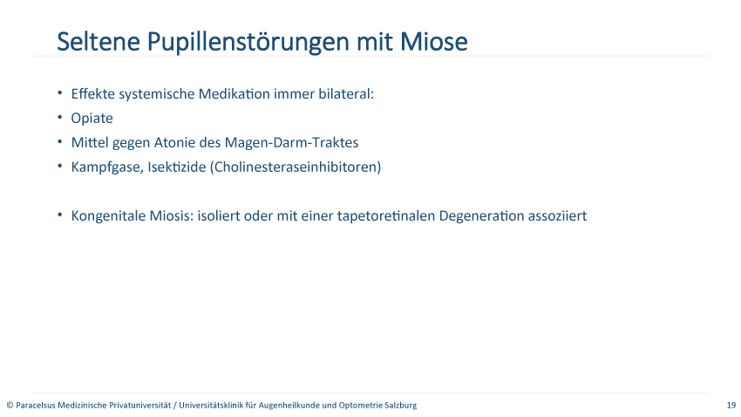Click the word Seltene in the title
(x=99, y=41)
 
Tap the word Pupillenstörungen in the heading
(x=248, y=43)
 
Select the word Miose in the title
(x=434, y=41)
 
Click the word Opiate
(x=92, y=118)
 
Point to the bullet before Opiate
(x=59, y=117)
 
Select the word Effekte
(x=93, y=93)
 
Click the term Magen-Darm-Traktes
(x=291, y=142)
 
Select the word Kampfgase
(x=107, y=167)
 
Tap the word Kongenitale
(x=108, y=215)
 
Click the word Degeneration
(x=481, y=215)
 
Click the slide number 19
(x=731, y=405)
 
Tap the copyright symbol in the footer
(x=10, y=405)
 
